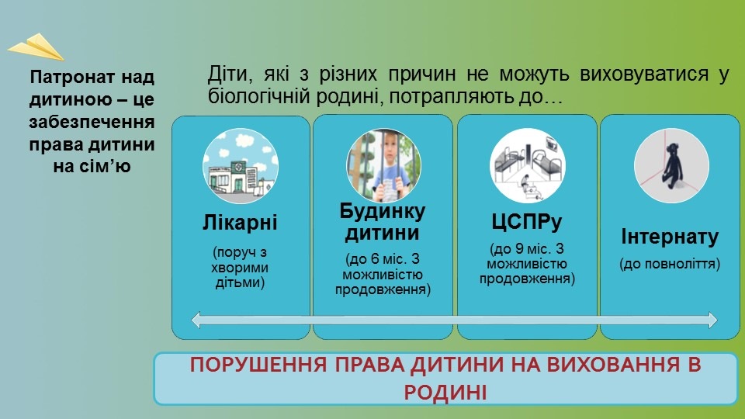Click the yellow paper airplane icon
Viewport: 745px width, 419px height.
36,47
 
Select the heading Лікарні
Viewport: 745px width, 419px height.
240,223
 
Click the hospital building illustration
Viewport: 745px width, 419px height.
241,166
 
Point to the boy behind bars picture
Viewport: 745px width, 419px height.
383,166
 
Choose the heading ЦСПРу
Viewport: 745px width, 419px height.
526,222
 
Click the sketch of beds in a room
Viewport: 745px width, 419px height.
528,165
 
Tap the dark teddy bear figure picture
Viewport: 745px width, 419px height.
671,166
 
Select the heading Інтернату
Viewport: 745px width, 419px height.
670,237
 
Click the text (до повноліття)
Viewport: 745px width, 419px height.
670,264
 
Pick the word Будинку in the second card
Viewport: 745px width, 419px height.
383,211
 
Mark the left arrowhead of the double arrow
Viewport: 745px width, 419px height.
196,320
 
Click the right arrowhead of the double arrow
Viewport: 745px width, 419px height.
712,320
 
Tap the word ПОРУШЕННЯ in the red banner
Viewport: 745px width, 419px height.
258,365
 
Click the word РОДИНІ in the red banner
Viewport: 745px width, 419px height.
445,393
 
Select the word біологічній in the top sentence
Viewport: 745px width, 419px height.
258,96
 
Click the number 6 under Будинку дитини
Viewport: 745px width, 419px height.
376,259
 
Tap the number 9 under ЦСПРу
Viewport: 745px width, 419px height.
519,249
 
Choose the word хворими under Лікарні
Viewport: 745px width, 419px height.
240,268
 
